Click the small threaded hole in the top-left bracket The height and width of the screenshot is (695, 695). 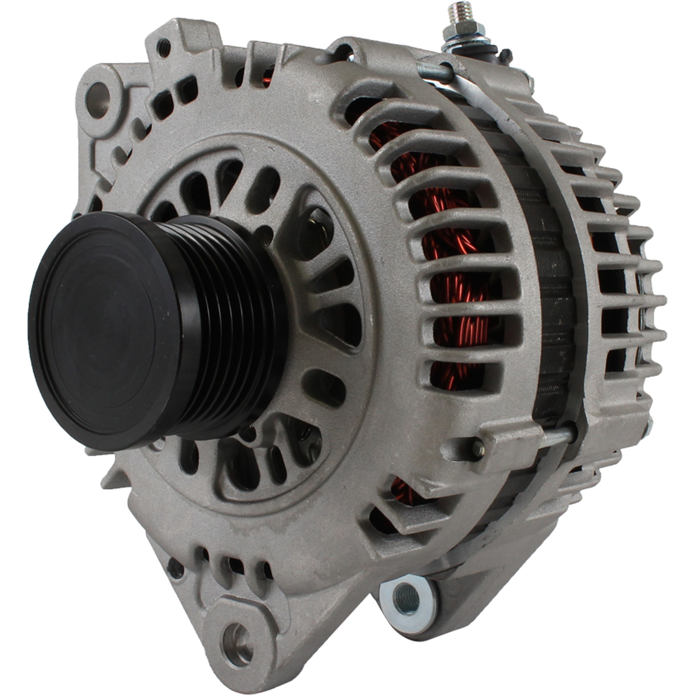coord(164,48)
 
